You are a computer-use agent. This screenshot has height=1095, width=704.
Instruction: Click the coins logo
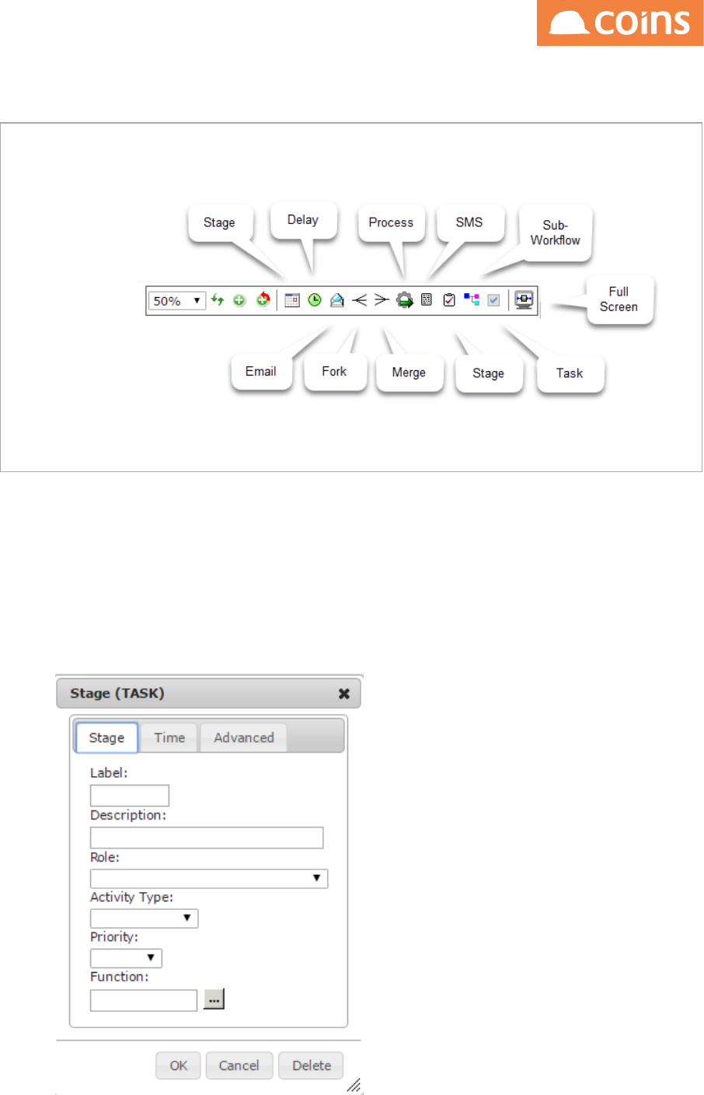tap(620, 23)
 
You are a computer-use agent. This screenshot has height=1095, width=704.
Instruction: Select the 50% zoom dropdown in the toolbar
tap(177, 300)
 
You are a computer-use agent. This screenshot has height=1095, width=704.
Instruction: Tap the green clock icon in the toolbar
tap(315, 300)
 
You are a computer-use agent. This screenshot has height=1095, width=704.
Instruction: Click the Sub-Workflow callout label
tap(555, 233)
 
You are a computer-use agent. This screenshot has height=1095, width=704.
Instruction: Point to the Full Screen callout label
tap(619, 299)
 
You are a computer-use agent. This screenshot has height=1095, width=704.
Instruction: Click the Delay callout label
tap(303, 220)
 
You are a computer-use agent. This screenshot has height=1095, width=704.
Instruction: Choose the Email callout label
tap(261, 372)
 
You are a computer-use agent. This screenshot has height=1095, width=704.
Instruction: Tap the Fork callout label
tap(334, 372)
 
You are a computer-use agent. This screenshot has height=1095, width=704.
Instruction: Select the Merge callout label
tap(409, 373)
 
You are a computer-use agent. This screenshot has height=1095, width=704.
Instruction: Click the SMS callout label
tap(469, 222)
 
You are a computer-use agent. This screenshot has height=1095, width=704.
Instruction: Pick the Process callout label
tap(391, 222)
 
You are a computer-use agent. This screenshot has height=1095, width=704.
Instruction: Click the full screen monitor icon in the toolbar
tap(525, 300)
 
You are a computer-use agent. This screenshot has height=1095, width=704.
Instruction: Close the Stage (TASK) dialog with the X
tap(344, 694)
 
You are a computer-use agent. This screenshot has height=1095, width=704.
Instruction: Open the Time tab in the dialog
tap(169, 738)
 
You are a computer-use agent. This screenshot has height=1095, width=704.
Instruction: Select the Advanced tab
tap(244, 738)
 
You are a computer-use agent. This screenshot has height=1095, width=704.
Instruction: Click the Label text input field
tap(130, 796)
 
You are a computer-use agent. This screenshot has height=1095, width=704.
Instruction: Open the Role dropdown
tap(209, 879)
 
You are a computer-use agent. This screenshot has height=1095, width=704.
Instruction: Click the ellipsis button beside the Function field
tap(214, 999)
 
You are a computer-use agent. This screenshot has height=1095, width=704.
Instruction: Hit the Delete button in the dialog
tap(312, 1065)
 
